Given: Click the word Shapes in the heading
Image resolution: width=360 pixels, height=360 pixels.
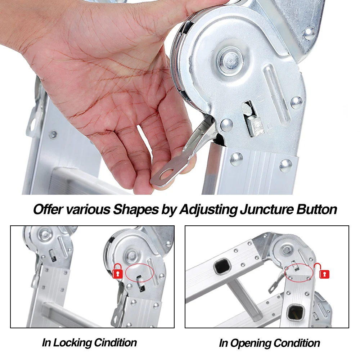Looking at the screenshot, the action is click(x=136, y=210).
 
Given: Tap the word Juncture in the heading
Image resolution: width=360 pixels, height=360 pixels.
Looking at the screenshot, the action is click(x=267, y=210).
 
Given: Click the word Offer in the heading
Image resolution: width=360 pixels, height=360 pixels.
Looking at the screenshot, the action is click(x=48, y=210).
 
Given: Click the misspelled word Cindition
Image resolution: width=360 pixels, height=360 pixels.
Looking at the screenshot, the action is click(x=116, y=343).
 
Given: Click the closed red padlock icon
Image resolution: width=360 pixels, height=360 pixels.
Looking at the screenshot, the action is click(x=118, y=271).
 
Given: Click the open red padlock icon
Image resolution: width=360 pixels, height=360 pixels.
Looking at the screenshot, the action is click(x=322, y=271).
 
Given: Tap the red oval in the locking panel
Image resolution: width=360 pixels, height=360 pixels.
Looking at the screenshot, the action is click(x=140, y=273).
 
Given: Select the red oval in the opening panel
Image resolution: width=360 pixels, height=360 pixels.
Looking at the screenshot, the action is click(x=299, y=272).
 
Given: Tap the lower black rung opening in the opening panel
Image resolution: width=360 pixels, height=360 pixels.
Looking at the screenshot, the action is click(x=296, y=312).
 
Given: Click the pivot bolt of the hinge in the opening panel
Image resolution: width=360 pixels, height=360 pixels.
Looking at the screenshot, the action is click(x=287, y=249).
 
